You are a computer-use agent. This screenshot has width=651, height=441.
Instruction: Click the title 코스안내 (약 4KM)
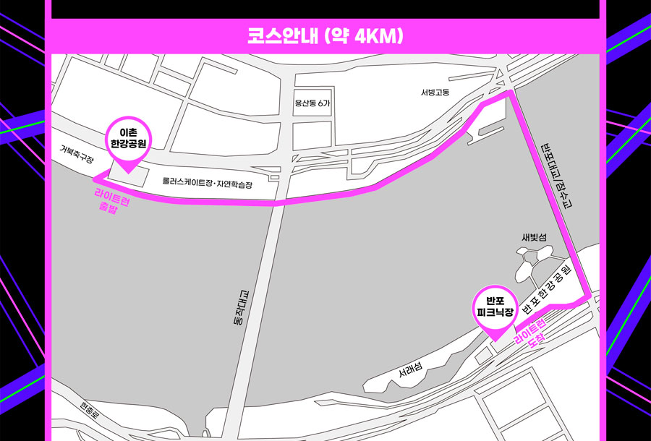click(325, 35)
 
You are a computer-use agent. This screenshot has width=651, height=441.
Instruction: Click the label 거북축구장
click(77, 155)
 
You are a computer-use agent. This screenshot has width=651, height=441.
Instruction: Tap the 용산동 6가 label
click(312, 103)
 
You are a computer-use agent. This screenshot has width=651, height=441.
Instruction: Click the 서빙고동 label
click(435, 92)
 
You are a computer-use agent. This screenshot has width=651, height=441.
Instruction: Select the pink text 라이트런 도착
click(529, 329)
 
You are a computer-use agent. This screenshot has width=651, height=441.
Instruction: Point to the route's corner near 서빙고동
click(510, 93)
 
